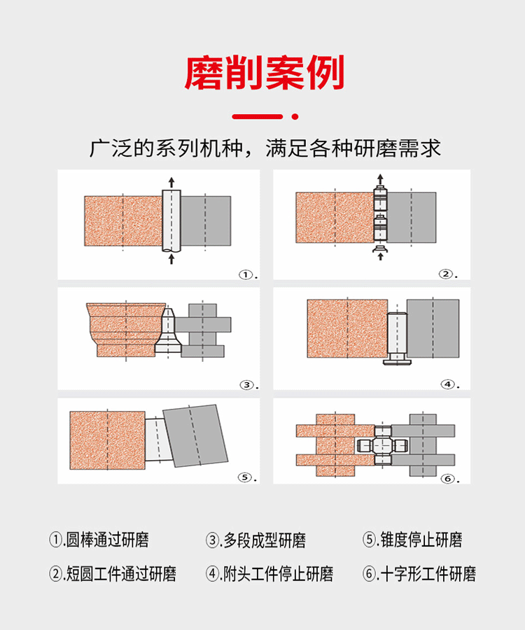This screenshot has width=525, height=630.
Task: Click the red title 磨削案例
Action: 265,73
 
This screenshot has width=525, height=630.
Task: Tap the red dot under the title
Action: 295,116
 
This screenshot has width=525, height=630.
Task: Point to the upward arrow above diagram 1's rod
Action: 171,183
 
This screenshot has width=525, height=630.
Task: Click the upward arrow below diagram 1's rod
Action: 171,259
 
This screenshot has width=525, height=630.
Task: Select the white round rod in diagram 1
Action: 171,221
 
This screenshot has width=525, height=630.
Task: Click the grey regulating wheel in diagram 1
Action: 206,220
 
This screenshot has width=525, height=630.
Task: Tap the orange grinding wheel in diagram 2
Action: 335,218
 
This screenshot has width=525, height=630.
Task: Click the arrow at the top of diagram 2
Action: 380,179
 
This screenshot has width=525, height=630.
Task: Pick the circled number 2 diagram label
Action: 445,274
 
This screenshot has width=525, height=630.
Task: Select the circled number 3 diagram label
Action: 246,385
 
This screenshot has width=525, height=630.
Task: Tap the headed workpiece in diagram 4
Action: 398,338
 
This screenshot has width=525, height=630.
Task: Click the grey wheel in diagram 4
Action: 433,328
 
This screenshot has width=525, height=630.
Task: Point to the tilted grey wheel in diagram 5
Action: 195,436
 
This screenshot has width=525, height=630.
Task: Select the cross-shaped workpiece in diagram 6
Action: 382,446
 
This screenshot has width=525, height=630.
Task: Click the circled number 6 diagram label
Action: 447,479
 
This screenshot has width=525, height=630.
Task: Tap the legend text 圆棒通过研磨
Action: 107,540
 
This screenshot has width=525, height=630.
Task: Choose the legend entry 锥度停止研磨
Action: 421,540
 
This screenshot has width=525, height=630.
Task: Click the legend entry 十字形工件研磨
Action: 428,574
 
